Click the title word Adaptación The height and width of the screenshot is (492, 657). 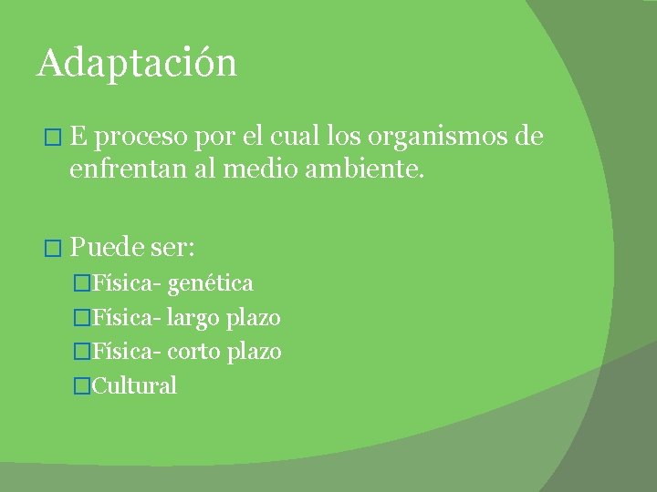[137, 64]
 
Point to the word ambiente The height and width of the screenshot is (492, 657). [369, 169]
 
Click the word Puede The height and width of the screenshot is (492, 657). [107, 247]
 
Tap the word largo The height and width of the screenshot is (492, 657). [194, 318]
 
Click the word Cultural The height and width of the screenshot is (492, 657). [135, 384]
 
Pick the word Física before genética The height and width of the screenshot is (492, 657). [127, 283]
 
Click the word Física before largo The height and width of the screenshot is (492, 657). [127, 317]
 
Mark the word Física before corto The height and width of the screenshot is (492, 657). [127, 351]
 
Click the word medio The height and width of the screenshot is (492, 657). [265, 169]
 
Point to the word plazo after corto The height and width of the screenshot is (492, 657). [254, 352]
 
